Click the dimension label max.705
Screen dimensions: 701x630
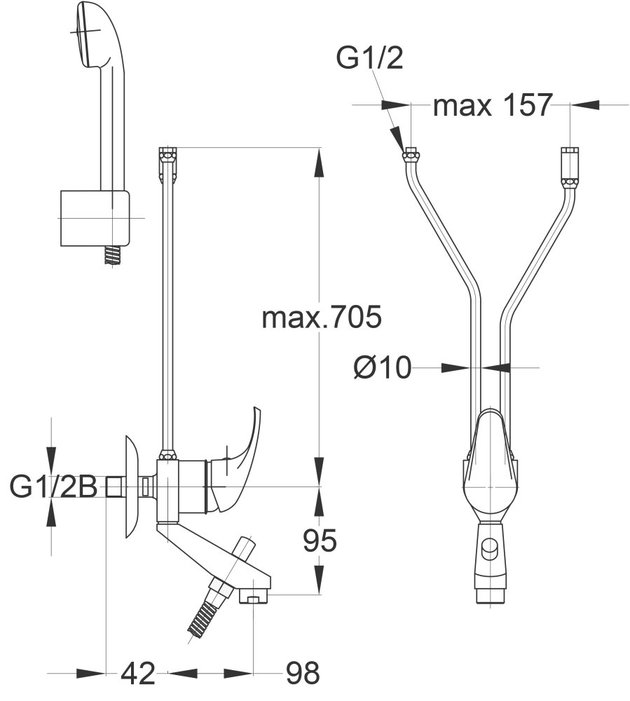(x=322, y=318)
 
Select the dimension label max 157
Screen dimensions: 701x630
(x=493, y=105)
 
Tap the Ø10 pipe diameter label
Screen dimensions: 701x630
(x=383, y=367)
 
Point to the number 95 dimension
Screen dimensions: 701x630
(x=320, y=540)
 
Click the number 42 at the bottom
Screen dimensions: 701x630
(x=138, y=673)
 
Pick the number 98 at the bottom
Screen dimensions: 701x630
(x=302, y=673)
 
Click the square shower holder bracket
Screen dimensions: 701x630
(x=95, y=218)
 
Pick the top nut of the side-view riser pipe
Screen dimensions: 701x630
(x=167, y=155)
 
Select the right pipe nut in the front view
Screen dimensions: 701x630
(x=569, y=156)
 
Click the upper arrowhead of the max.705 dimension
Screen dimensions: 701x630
(x=320, y=161)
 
